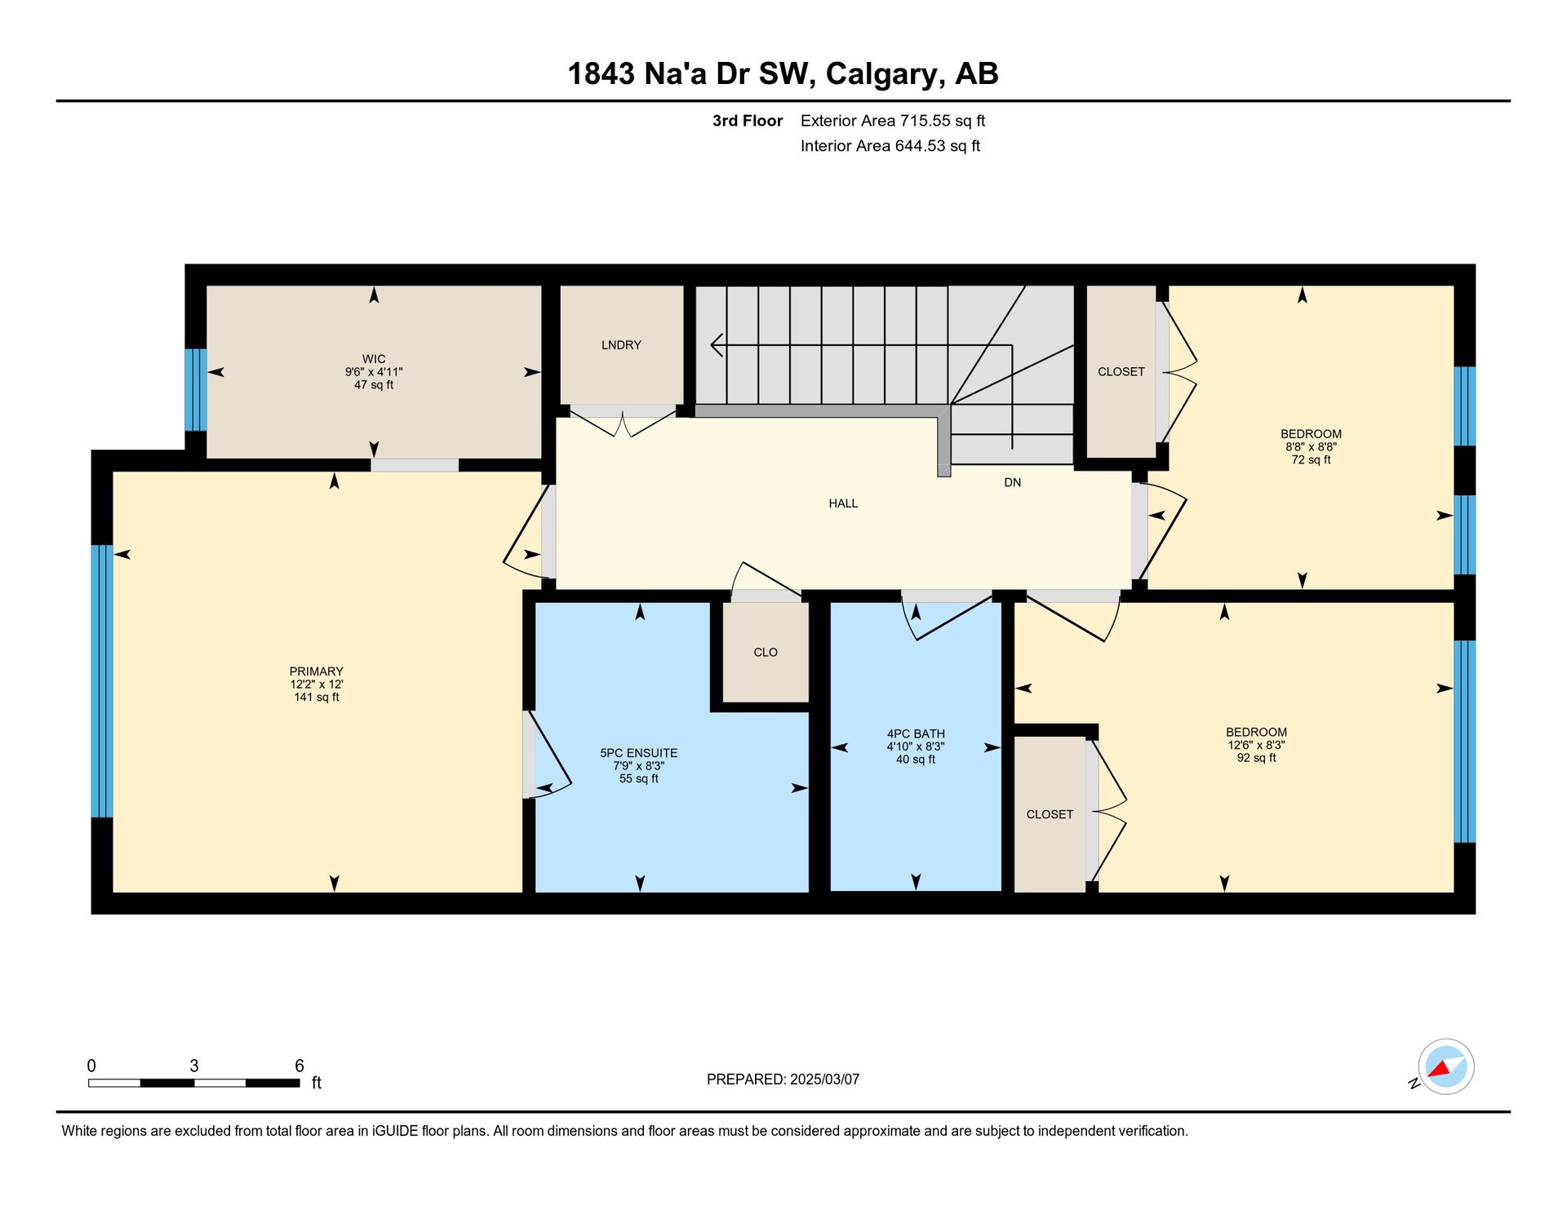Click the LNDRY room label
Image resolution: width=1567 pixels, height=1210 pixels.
(x=621, y=345)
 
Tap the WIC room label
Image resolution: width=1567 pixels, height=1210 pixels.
(x=374, y=359)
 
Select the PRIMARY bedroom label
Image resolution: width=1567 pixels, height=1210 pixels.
(x=316, y=671)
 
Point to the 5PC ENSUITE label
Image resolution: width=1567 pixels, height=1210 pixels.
(x=638, y=753)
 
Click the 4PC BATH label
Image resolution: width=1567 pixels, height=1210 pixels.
(x=916, y=734)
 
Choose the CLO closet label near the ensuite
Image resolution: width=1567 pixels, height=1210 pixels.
(x=766, y=652)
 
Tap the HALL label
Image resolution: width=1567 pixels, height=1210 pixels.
(x=843, y=503)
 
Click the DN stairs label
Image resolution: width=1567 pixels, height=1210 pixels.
(x=1012, y=482)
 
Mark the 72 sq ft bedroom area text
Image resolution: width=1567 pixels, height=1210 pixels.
(x=1311, y=460)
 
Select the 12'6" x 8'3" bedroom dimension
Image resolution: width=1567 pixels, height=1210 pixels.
(x=1256, y=745)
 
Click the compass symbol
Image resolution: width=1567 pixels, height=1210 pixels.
(x=1445, y=1066)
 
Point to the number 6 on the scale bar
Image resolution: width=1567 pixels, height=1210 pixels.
(x=300, y=1066)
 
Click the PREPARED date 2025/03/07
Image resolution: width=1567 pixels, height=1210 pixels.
(x=824, y=1079)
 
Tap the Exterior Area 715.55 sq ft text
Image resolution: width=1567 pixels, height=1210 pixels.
(x=893, y=121)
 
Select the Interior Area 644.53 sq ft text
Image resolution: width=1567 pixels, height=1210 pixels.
(x=890, y=146)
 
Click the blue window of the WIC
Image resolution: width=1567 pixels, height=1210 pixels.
(x=195, y=390)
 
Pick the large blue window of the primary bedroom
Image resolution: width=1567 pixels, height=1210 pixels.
(x=101, y=681)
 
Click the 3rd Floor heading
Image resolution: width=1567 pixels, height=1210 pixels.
(x=748, y=121)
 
